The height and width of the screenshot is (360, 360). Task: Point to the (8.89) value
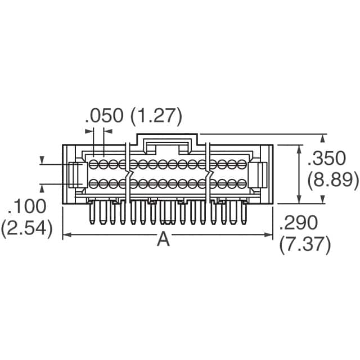(x=333, y=180)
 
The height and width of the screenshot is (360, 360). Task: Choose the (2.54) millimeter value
(x=26, y=228)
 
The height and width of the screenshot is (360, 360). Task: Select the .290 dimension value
(x=299, y=223)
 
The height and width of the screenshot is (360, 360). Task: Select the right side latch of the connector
(x=261, y=174)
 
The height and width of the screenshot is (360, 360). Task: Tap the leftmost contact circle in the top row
(x=94, y=164)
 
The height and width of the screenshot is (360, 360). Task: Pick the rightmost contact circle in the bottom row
(x=241, y=183)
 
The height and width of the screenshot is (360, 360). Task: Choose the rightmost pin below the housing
(x=244, y=213)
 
